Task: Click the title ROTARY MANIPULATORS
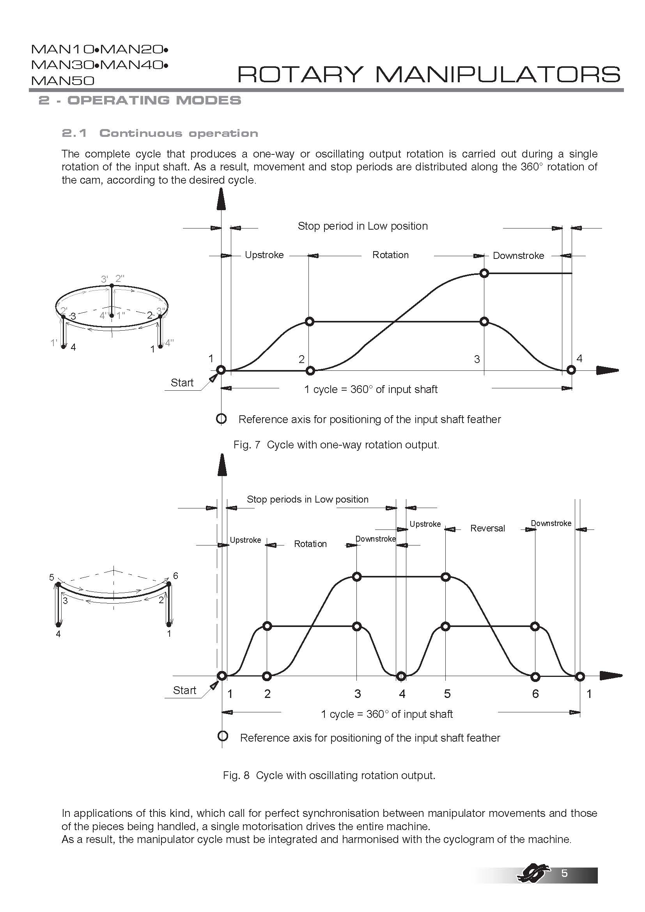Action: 428,74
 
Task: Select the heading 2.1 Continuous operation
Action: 159,133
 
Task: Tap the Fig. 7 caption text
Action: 336,444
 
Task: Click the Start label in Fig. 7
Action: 182,383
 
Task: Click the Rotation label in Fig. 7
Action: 390,255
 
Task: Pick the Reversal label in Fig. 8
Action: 487,528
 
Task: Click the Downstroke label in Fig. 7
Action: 518,255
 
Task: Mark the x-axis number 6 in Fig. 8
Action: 535,694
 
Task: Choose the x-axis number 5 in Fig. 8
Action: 447,694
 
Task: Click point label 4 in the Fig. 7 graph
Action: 579,358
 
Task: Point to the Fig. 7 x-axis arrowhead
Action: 607,370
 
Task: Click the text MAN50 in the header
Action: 63,81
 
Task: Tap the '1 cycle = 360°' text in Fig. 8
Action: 386,714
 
